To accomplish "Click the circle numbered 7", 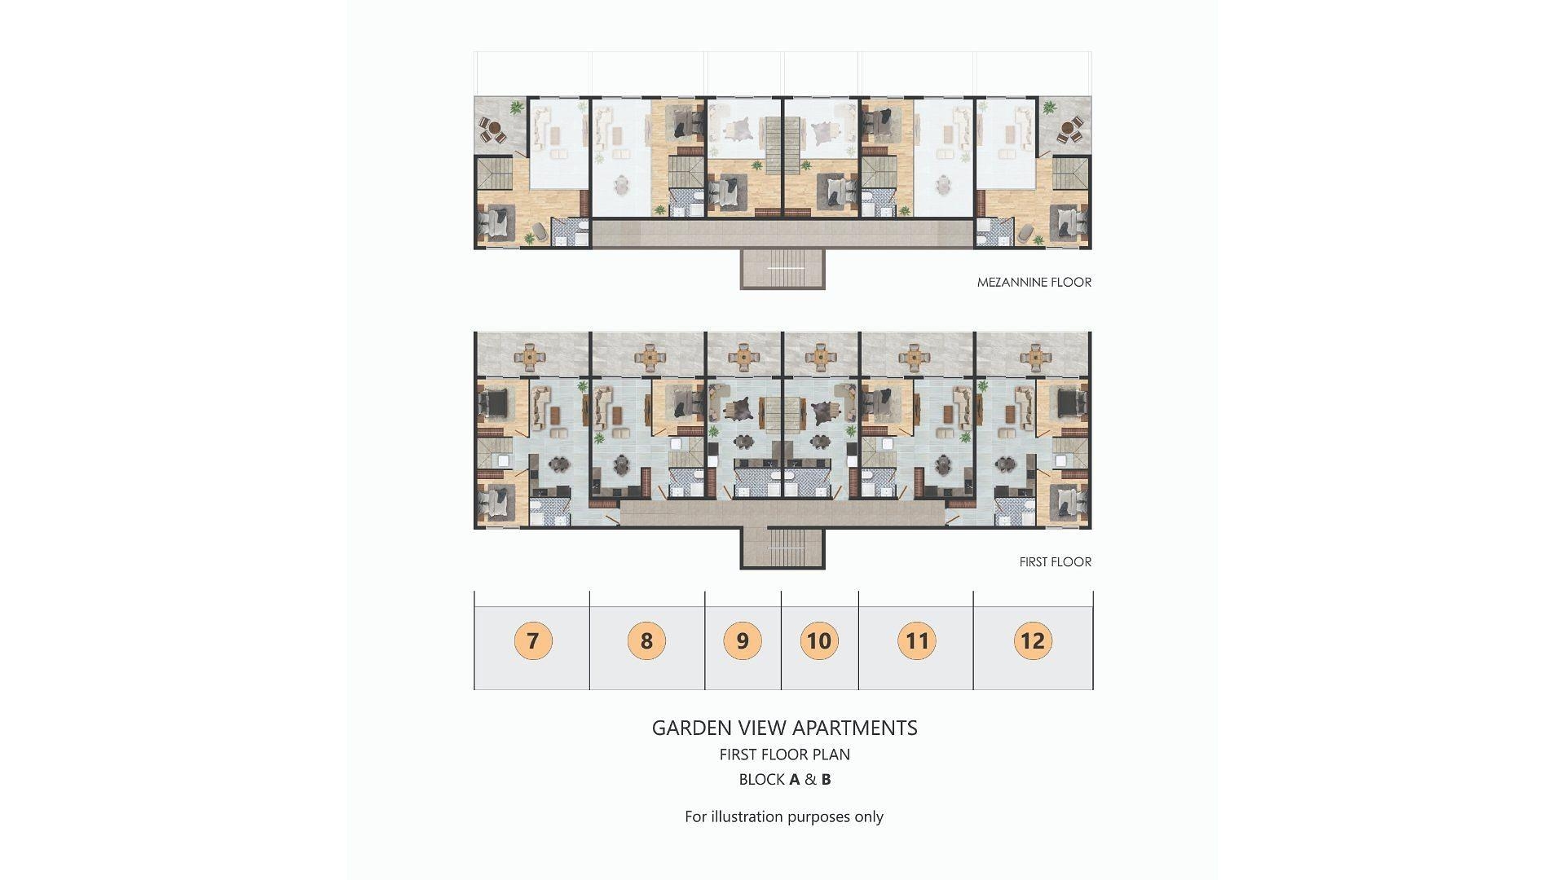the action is pos(533,640).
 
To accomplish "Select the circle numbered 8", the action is pos(646,640).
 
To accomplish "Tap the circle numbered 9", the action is pos(743,640).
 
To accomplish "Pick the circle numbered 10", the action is pos(819,640).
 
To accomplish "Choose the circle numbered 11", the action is pos(917,640).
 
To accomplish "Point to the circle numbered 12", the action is pos(1033,640).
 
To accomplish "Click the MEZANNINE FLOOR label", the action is pos(1034,283).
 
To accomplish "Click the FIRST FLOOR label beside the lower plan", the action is pos(1055,562).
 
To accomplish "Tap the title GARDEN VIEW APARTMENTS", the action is pos(784,728).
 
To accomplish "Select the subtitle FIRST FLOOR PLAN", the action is pos(784,755).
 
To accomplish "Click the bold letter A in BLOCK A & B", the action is pos(795,780).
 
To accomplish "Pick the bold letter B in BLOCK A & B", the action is pos(826,780).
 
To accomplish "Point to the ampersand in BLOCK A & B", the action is pos(810,780).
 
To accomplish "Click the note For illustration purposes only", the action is pos(784,816).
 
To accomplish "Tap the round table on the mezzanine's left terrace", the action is pos(491,130).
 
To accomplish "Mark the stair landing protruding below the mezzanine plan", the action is pos(782,268).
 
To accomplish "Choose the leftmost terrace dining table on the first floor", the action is pos(531,356).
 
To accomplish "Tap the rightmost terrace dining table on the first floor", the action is pos(1034,356).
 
